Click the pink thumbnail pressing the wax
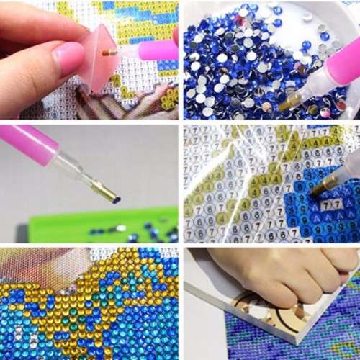pos(68,58)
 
